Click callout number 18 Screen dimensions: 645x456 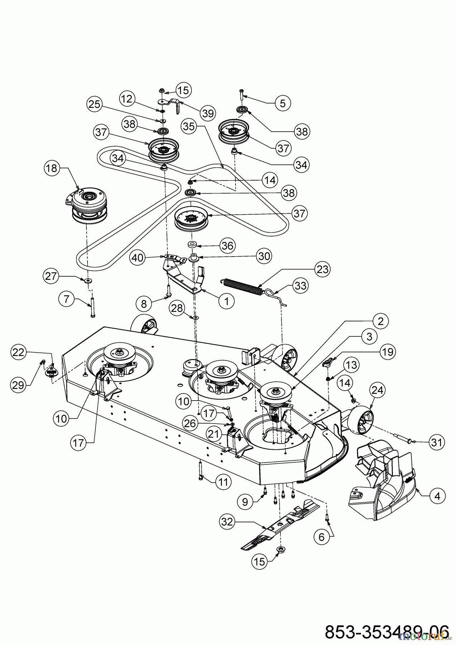tap(52, 168)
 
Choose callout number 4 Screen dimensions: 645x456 tap(437, 496)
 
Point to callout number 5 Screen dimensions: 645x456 tap(283, 103)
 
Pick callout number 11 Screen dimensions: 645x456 tap(223, 482)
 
